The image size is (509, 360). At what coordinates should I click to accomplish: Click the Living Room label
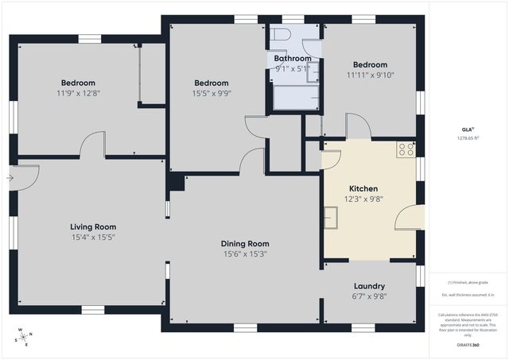[93, 226]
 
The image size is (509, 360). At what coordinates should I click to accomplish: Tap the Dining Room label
[245, 244]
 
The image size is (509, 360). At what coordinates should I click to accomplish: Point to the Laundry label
[369, 286]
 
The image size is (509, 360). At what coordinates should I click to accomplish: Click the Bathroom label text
[293, 59]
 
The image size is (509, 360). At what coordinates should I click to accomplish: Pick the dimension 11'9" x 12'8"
[78, 93]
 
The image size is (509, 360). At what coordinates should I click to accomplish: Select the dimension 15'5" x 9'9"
[212, 93]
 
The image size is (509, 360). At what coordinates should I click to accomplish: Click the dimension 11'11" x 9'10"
[370, 75]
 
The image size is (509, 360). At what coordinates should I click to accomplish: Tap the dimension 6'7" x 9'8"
[369, 296]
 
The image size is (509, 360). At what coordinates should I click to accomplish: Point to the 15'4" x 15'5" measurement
[93, 237]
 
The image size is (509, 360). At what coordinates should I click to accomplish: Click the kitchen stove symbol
[406, 149]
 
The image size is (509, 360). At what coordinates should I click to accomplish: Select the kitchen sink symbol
[331, 217]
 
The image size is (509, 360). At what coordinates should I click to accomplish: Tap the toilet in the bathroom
[280, 35]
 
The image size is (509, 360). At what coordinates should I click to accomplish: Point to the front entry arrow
[9, 178]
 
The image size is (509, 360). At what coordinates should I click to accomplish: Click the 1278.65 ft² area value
[468, 137]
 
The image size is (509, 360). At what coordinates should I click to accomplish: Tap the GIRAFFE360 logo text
[468, 346]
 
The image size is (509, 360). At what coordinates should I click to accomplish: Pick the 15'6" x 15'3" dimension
[245, 254]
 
